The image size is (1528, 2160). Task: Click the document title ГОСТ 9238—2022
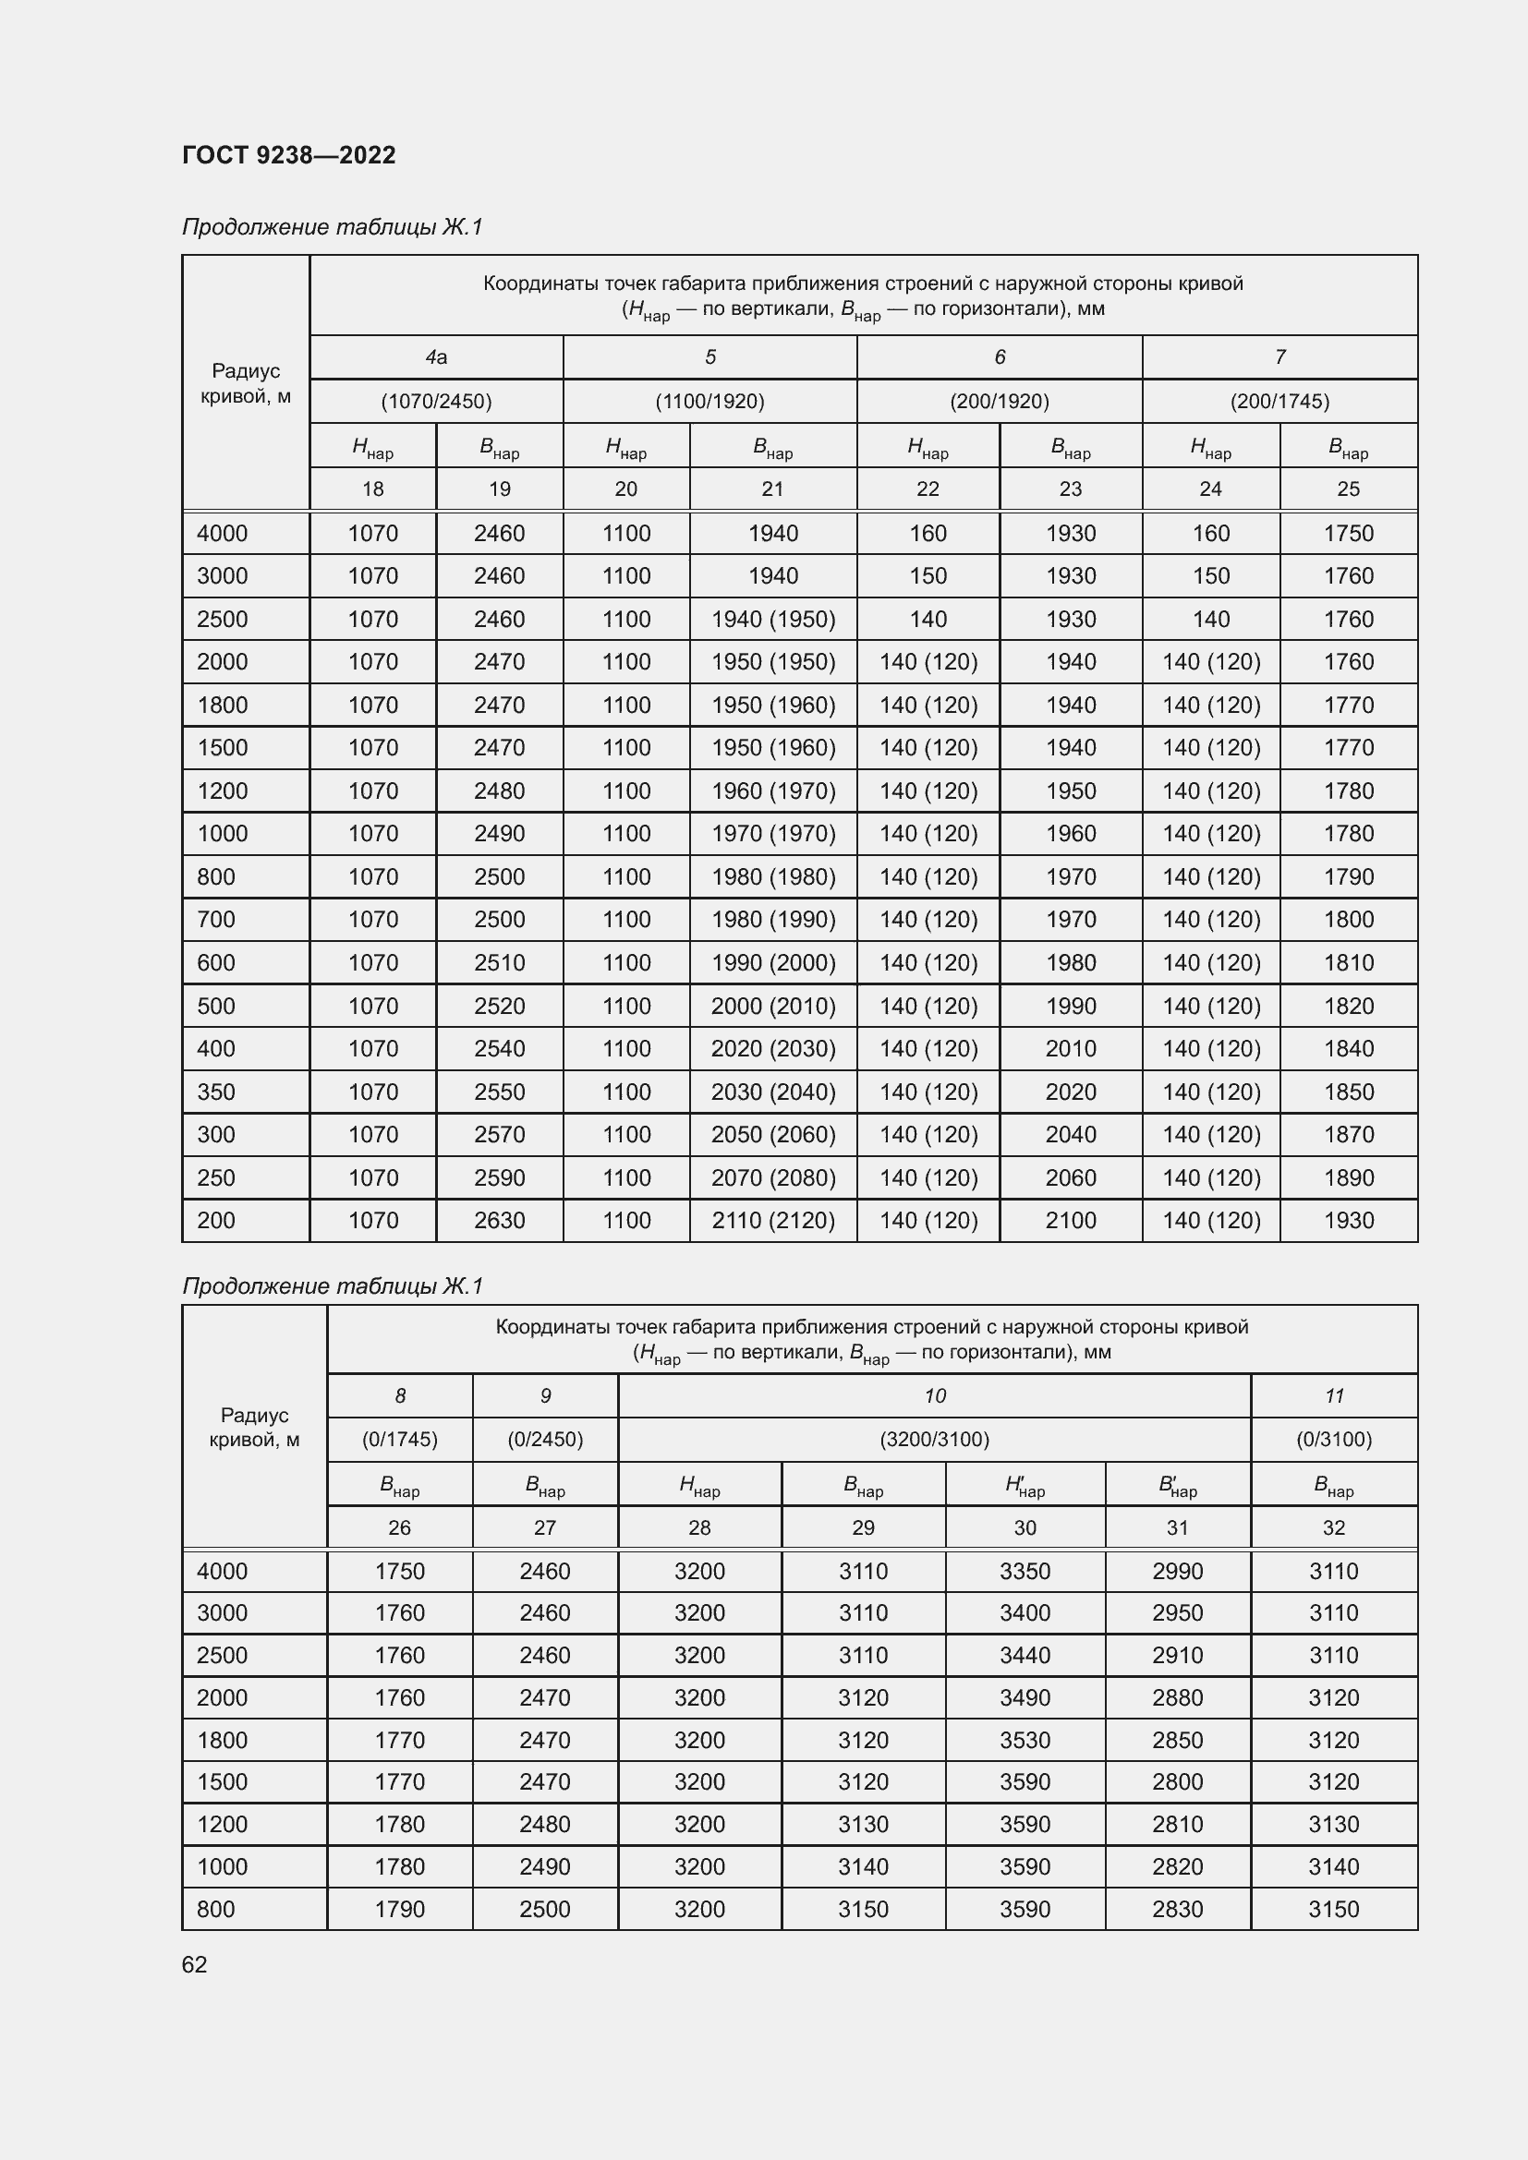point(289,155)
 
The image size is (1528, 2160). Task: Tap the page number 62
point(195,1964)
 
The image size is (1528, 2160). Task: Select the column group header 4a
point(436,357)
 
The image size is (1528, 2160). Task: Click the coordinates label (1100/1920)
point(709,402)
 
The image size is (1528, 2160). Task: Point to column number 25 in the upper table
point(1347,489)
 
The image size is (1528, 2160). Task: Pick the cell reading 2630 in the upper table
point(499,1220)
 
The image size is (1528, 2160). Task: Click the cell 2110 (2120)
point(772,1220)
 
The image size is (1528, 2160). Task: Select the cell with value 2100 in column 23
point(1070,1220)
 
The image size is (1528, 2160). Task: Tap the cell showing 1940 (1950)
point(772,619)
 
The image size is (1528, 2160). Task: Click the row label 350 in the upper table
point(216,1092)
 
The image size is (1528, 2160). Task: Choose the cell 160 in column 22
point(927,534)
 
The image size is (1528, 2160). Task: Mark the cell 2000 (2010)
point(772,1006)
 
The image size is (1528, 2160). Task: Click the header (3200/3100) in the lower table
point(934,1440)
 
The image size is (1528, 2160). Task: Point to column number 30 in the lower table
point(1025,1527)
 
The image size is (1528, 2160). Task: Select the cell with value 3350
point(1025,1571)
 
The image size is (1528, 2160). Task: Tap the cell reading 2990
point(1177,1571)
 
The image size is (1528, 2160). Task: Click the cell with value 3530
point(1025,1740)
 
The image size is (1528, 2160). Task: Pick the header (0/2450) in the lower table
point(545,1440)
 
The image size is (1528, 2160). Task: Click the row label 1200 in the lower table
point(222,1824)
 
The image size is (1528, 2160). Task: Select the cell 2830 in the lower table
point(1177,1909)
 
